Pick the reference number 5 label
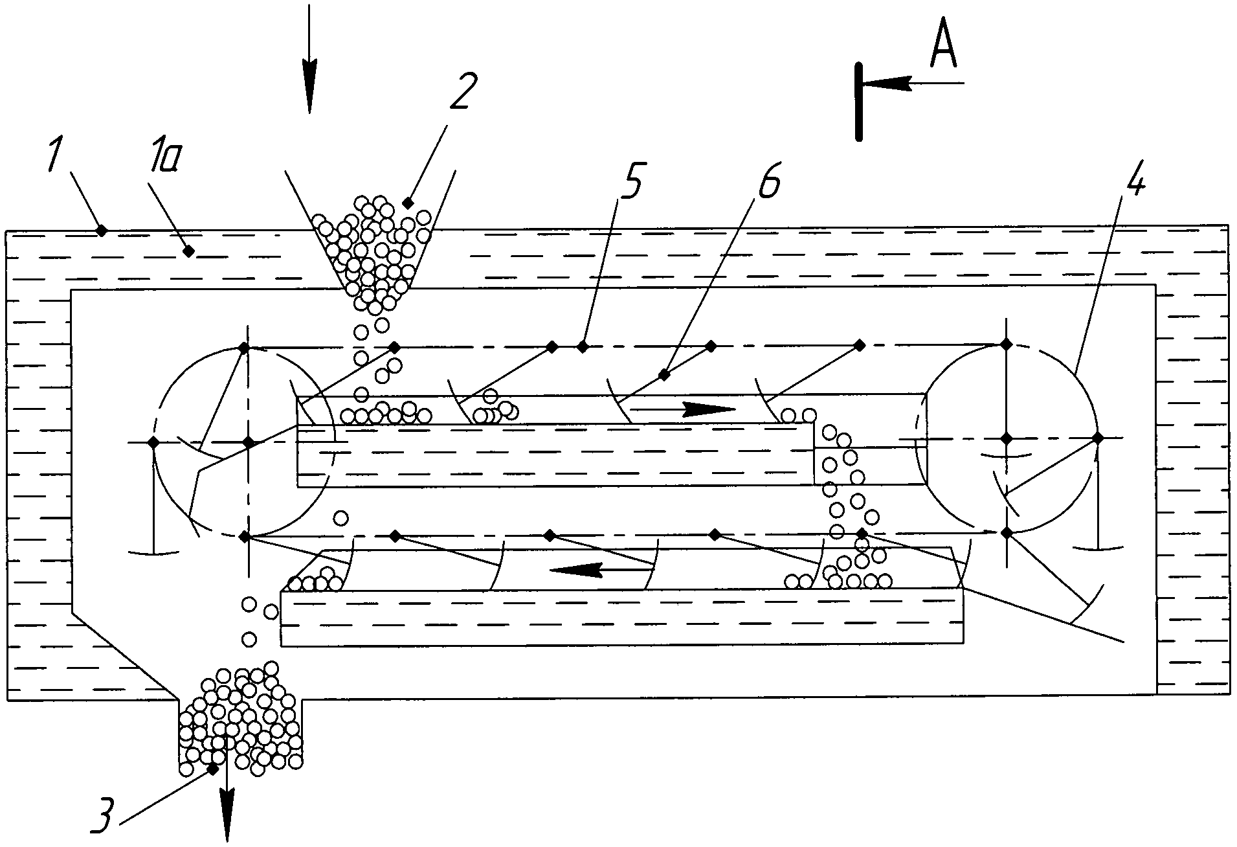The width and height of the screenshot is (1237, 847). tap(629, 183)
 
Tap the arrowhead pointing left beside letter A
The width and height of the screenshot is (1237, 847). tap(884, 83)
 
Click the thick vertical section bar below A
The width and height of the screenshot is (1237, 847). tap(859, 102)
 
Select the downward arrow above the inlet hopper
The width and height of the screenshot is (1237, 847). tap(309, 65)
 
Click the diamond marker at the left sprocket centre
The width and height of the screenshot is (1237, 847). tap(248, 443)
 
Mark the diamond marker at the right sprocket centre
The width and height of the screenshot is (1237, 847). tap(1006, 438)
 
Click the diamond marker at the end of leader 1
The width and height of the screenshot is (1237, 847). tap(101, 229)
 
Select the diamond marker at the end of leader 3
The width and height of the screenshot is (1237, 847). tap(212, 769)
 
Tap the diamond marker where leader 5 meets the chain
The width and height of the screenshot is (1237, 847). tap(583, 346)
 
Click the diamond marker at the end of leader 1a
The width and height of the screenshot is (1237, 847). tap(188, 250)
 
